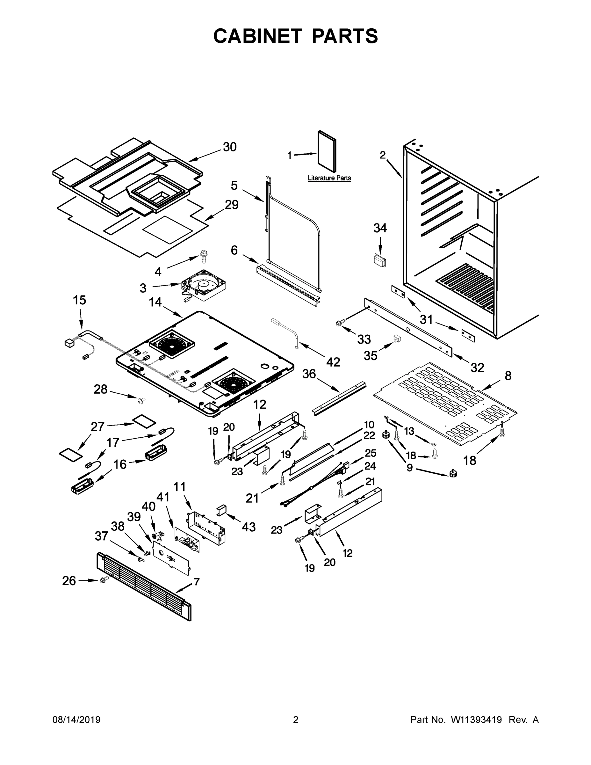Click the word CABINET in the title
pos(258,36)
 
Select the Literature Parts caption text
pos(329,178)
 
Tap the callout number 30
pos(230,147)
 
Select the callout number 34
pos(380,228)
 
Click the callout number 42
pos(333,362)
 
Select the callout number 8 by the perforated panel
pos(508,375)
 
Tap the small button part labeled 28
pos(142,399)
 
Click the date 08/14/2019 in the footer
pos(76,720)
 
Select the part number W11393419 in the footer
pos(476,720)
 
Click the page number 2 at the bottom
pos(296,720)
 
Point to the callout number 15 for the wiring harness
pos(79,300)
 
